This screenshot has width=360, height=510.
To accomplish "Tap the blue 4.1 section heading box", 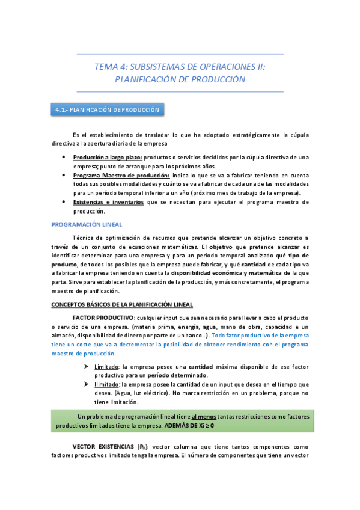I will (x=107, y=110).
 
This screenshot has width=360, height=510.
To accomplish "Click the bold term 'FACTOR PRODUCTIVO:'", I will (x=104, y=317).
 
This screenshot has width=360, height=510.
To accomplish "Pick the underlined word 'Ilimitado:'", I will (x=108, y=384).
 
